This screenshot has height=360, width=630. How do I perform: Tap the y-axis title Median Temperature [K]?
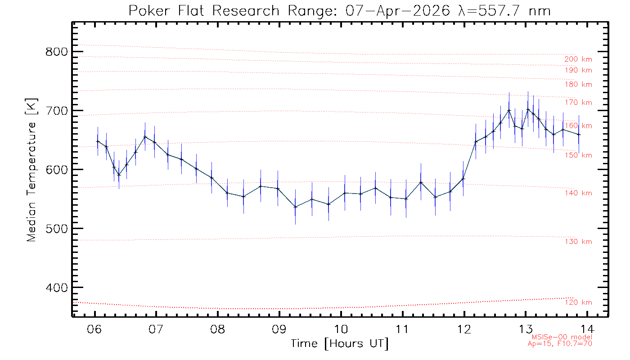pyautogui.click(x=31, y=170)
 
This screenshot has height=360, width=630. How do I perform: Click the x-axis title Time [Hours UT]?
pyautogui.click(x=340, y=344)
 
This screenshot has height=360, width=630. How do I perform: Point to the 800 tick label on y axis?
pyautogui.click(x=56, y=52)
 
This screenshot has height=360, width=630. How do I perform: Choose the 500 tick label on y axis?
pyautogui.click(x=56, y=229)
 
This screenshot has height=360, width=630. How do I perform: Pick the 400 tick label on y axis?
pyautogui.click(x=56, y=288)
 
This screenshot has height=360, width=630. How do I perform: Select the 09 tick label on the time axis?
pyautogui.click(x=279, y=327)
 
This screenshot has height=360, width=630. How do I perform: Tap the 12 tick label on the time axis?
pyautogui.click(x=464, y=327)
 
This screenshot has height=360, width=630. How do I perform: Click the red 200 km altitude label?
pyautogui.click(x=578, y=59)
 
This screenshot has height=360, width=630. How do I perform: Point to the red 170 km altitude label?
pyautogui.click(x=578, y=103)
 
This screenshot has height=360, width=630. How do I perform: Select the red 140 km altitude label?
pyautogui.click(x=578, y=193)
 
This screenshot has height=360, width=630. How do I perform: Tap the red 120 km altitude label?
pyautogui.click(x=578, y=302)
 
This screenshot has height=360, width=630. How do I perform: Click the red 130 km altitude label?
pyautogui.click(x=578, y=242)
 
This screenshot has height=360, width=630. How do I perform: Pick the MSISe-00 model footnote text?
pyautogui.click(x=562, y=337)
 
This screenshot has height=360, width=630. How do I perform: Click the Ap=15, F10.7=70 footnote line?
pyautogui.click(x=560, y=344)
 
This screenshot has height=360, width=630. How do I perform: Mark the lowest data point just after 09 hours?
pyautogui.click(x=295, y=207)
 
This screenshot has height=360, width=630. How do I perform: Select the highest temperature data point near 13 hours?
pyautogui.click(x=528, y=109)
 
